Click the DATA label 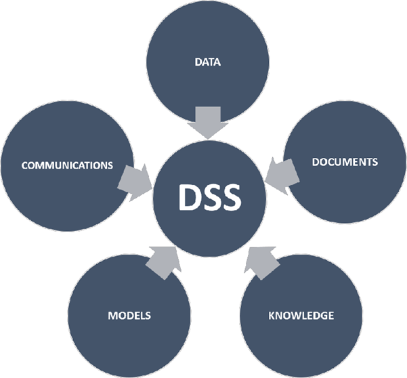coord(208,62)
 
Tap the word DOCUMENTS coord(344,163)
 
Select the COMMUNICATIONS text coord(66,165)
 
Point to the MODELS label coord(129,316)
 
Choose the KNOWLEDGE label coord(301,316)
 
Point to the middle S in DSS coord(209,198)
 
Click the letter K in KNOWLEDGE coord(272,316)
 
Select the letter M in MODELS coord(112,316)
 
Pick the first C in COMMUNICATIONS coord(24,165)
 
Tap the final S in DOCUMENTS coord(374,163)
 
